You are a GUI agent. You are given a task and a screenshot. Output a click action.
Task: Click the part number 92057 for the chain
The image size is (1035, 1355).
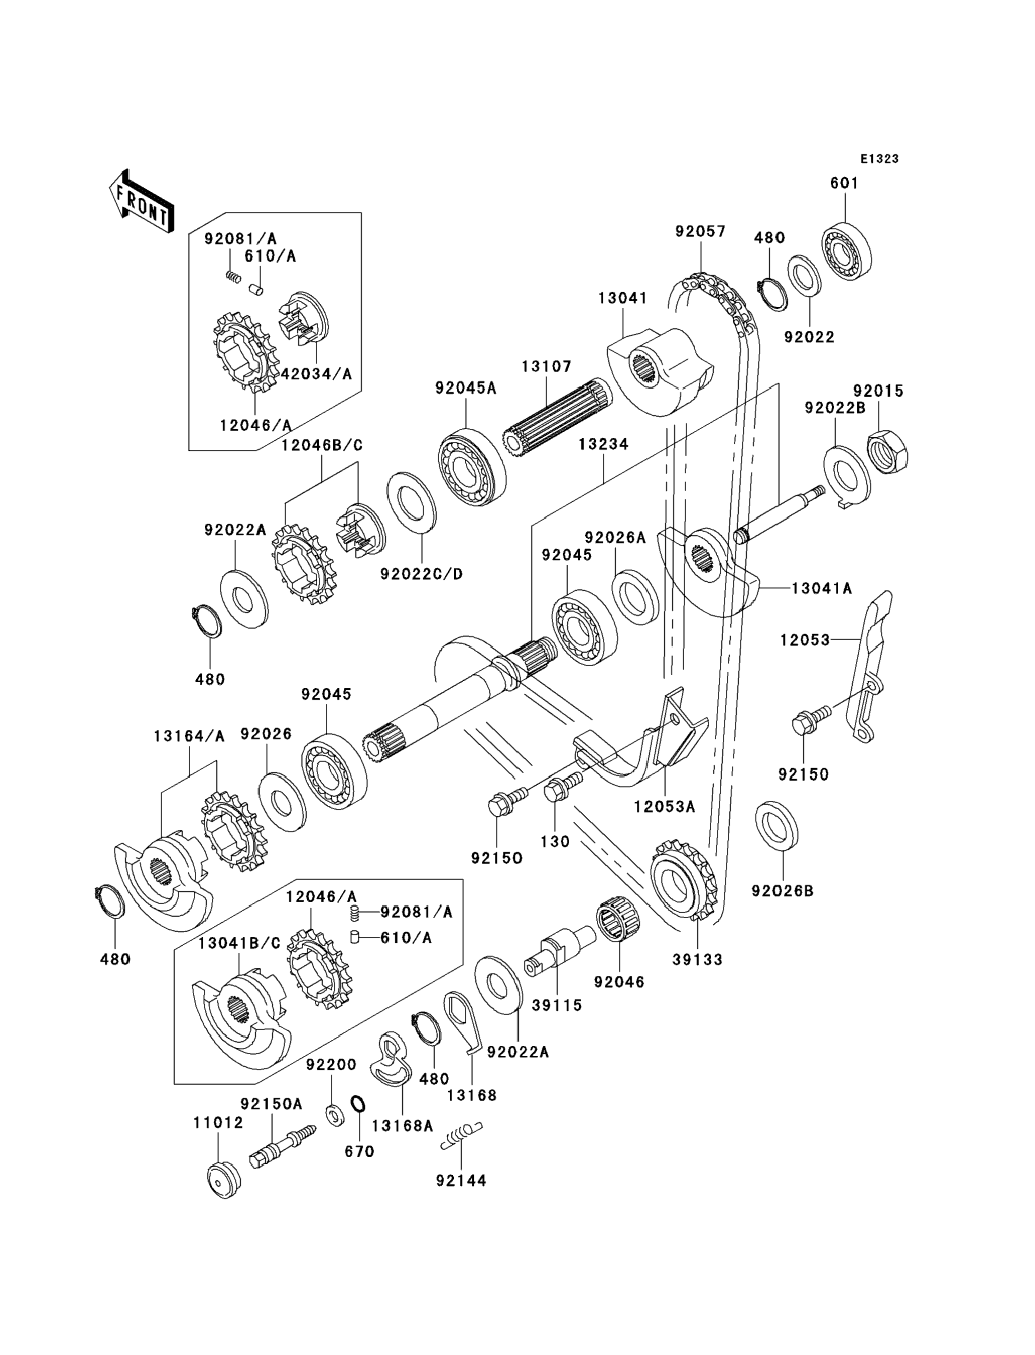[x=701, y=231]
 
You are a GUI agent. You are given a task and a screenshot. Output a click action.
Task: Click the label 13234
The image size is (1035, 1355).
[x=603, y=444]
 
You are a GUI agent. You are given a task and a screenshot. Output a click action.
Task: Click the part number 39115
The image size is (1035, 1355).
[x=557, y=1006]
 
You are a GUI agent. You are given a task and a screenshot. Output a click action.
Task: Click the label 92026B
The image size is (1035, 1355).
[x=783, y=891]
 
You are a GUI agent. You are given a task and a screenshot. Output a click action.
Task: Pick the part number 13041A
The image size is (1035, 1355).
[x=822, y=588]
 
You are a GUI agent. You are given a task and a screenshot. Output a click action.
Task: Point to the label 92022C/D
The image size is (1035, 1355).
[x=422, y=574]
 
